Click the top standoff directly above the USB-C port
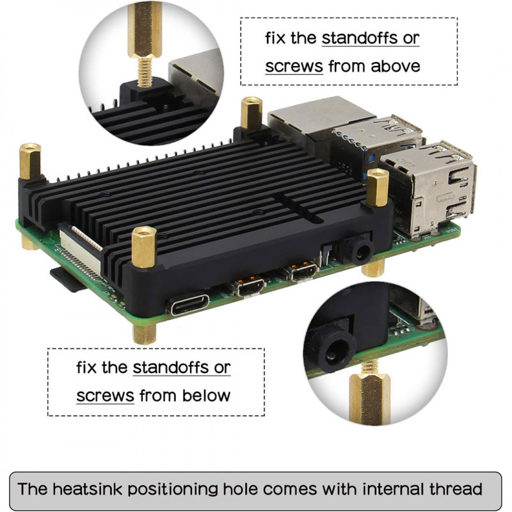coord(144,247)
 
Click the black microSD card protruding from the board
coord(67,279)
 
